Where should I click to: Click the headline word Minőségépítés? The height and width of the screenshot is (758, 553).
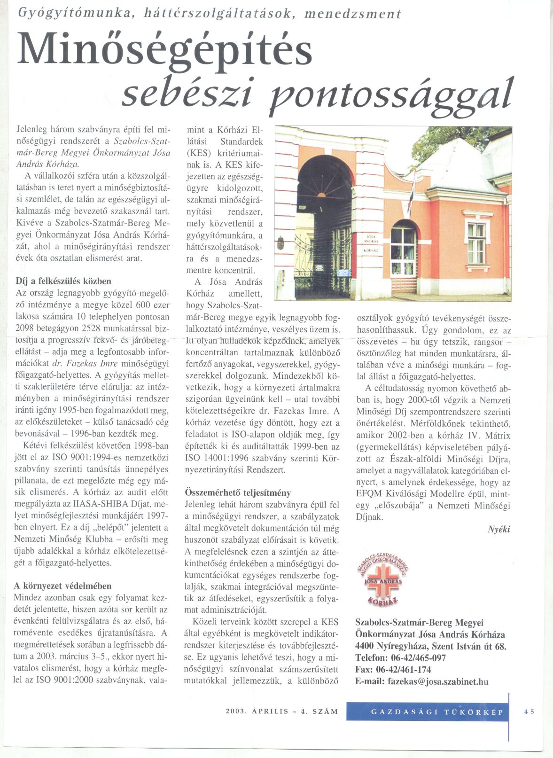164,49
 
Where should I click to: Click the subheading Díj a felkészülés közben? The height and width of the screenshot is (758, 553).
63,281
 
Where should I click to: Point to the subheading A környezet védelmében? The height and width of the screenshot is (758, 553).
62,586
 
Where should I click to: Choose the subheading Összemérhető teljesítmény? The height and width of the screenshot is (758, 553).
238,493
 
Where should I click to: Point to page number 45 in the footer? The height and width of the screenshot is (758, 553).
529,712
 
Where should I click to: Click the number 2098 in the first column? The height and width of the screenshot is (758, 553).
25,328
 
